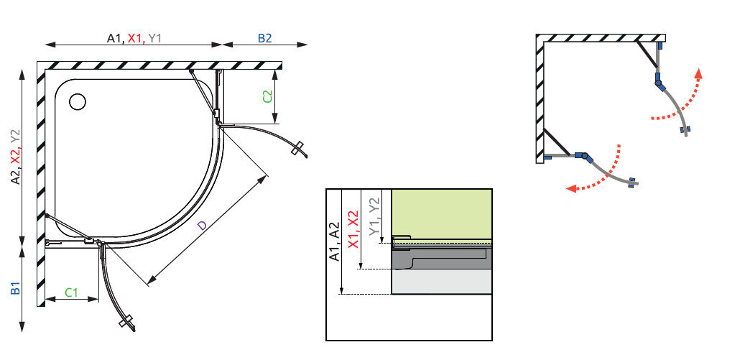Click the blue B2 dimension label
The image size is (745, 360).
point(264,39)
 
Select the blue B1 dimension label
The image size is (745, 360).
point(16,288)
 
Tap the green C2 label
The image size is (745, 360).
point(267,96)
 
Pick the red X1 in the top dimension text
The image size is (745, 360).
point(136,39)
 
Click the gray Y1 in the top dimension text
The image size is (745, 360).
point(155,39)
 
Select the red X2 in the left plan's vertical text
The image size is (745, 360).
point(16,154)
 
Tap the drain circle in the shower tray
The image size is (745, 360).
point(77,101)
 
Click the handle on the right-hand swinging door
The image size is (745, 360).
point(298,148)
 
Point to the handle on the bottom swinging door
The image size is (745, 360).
point(127,322)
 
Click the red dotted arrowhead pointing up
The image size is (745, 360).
point(698,73)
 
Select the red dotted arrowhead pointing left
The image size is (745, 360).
point(572,188)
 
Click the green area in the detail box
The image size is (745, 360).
point(441,213)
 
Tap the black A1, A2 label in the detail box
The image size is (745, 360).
point(335,241)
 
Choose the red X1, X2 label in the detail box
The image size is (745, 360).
point(353,229)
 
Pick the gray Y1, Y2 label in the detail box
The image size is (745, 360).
point(375,216)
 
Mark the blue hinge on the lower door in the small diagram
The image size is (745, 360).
point(583,156)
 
